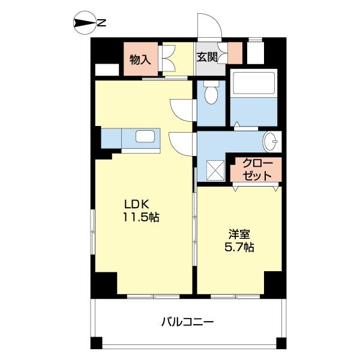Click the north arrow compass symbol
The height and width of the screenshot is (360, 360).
[84, 24]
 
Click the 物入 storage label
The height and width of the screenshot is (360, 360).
[140, 59]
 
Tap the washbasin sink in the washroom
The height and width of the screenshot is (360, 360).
[272, 143]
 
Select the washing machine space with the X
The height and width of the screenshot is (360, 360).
[215, 170]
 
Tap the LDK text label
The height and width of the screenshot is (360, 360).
[136, 203]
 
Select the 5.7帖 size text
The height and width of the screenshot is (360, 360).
[239, 247]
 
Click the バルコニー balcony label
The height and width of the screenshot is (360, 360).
[187, 322]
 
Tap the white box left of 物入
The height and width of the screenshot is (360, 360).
[107, 69]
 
